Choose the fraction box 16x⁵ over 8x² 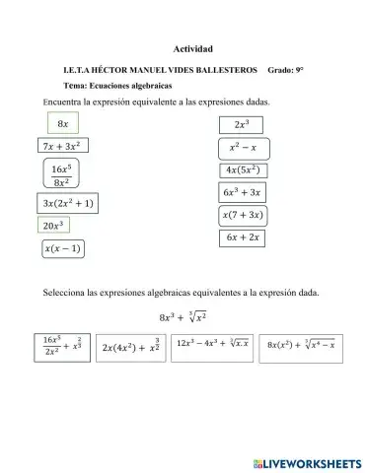point(61,174)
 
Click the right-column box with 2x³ point(241,126)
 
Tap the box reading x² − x point(243,149)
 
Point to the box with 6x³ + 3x point(242,192)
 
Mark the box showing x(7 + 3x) point(243,215)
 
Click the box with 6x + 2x point(243,237)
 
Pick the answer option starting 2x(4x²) point(144,347)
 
